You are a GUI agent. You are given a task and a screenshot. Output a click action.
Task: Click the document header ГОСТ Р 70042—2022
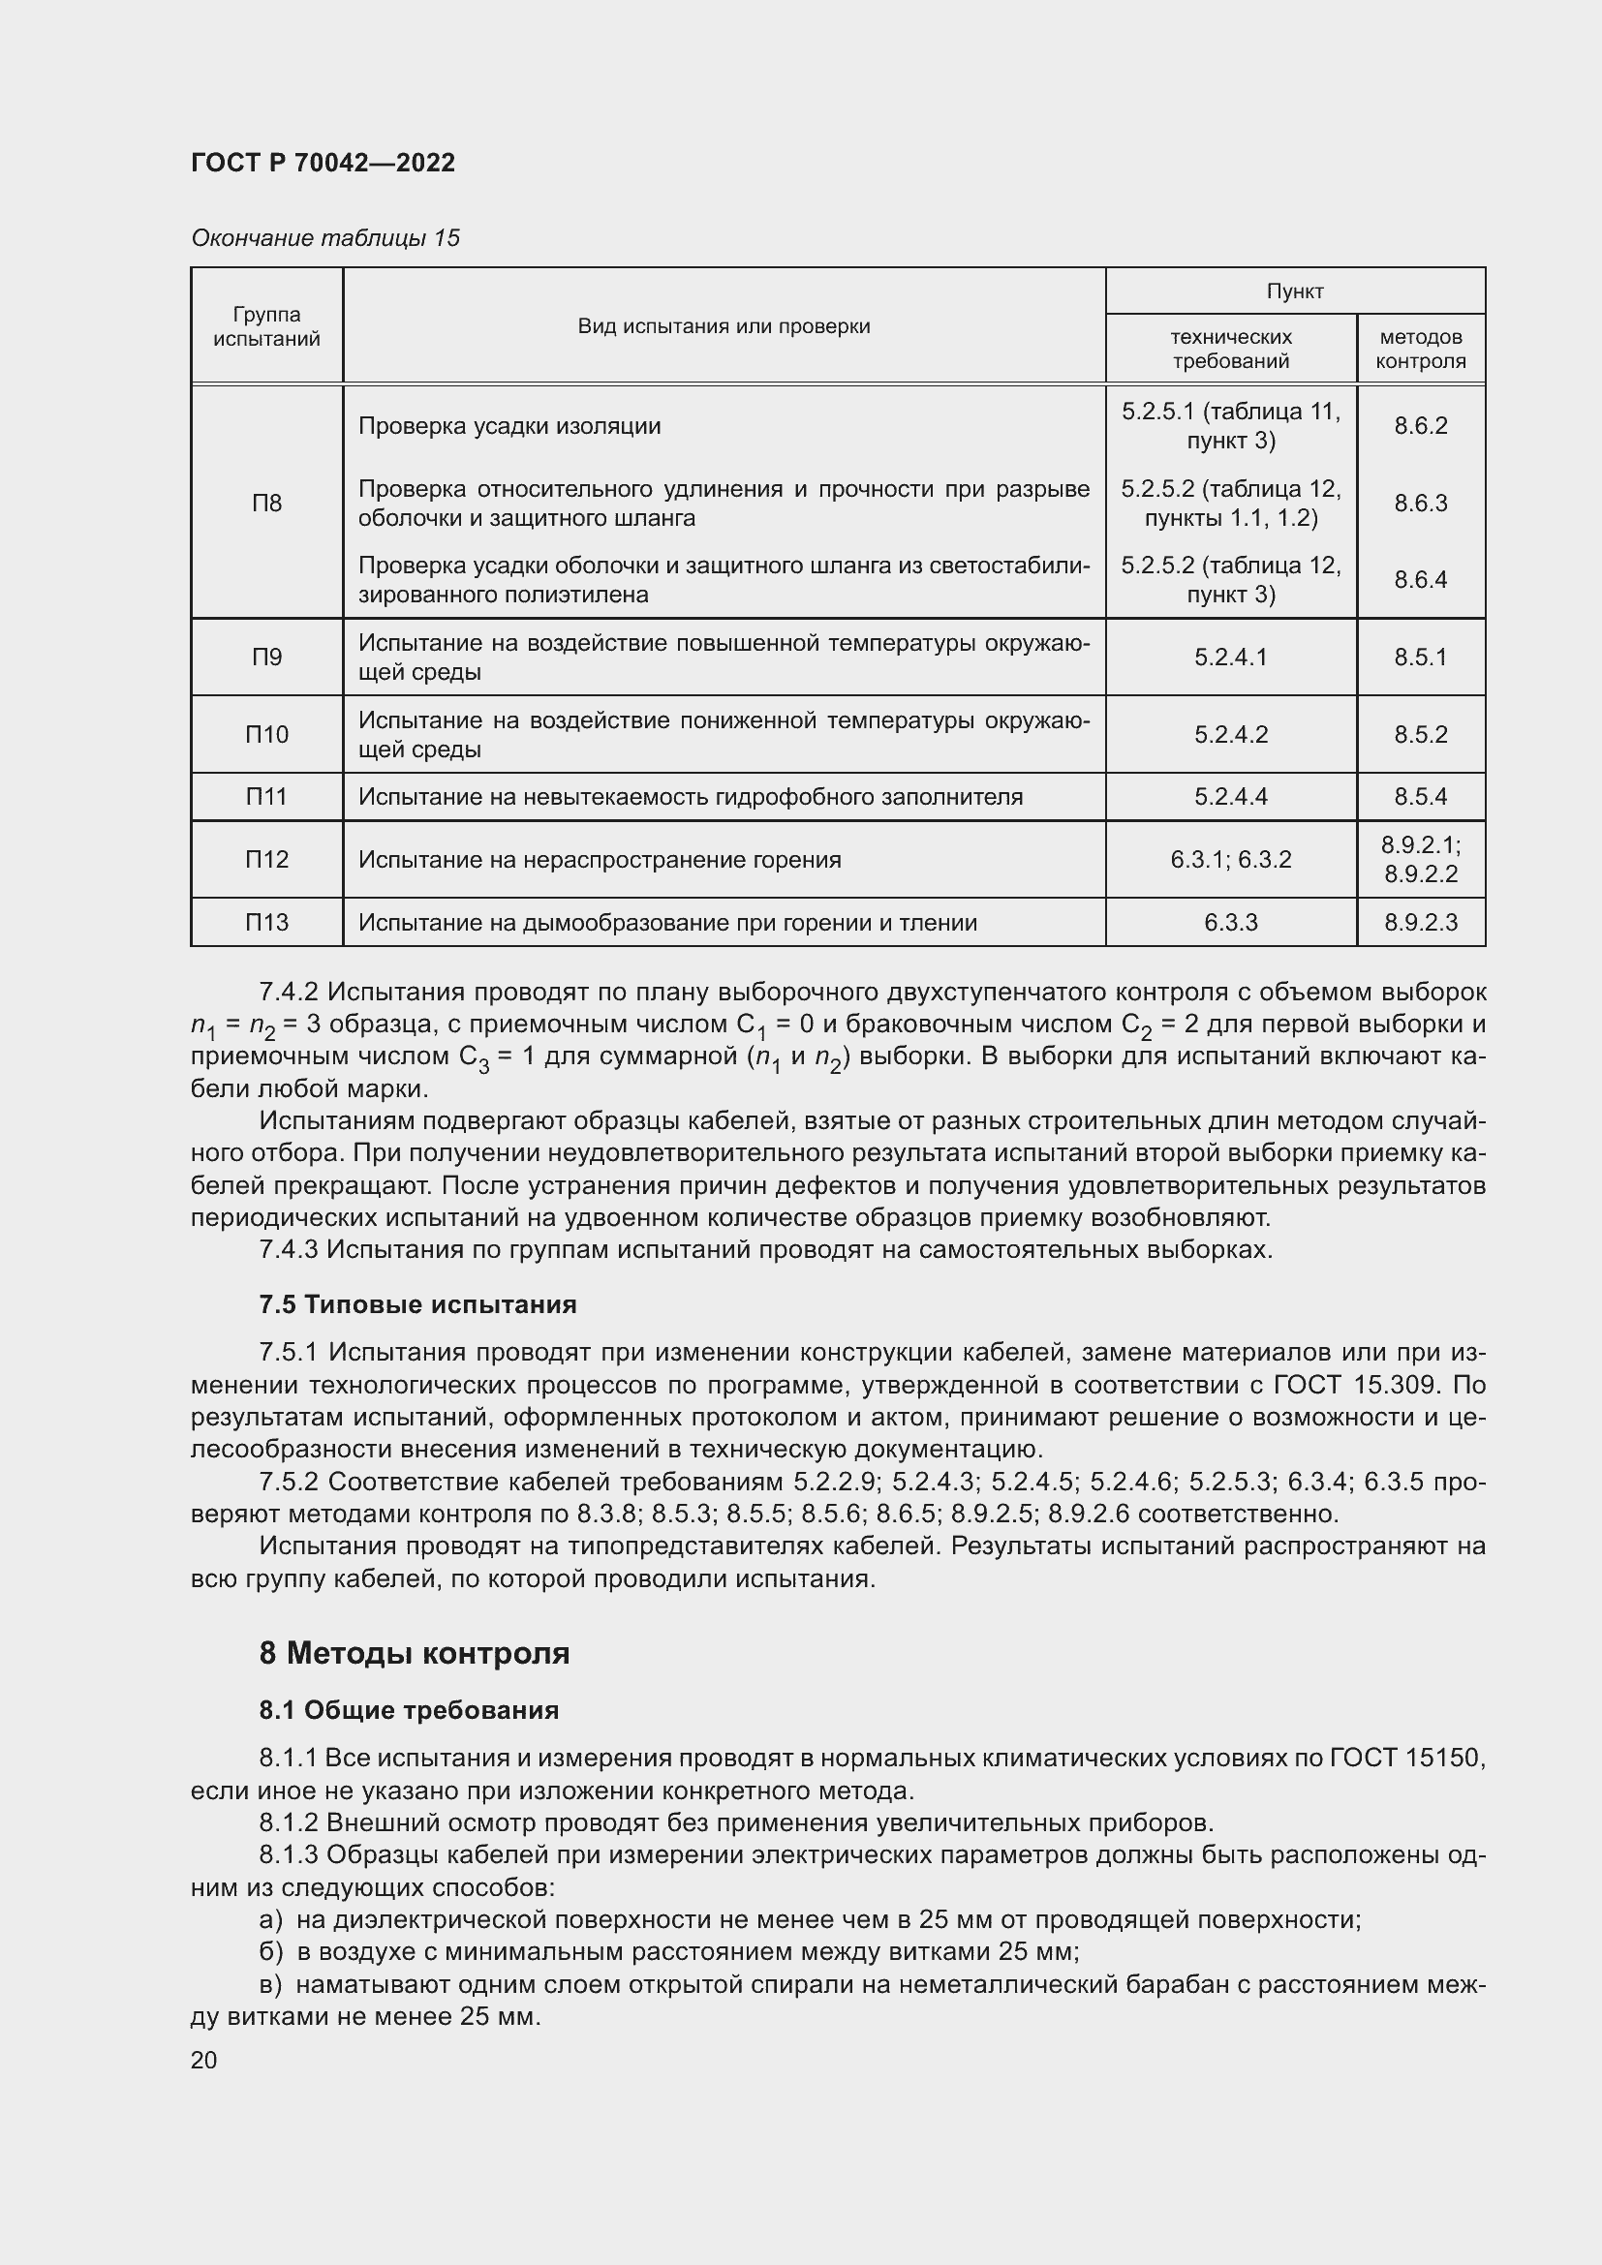(323, 163)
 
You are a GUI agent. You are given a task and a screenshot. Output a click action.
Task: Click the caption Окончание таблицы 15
(325, 238)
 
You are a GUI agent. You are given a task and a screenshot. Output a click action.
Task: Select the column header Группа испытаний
(266, 326)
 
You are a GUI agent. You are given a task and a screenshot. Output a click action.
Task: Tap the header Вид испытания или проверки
(724, 326)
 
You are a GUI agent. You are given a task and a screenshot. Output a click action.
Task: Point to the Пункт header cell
(1294, 291)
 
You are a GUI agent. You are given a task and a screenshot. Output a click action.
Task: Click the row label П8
(266, 504)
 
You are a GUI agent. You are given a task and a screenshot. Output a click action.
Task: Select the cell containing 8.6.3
(1420, 504)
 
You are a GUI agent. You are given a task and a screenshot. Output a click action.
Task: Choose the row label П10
(266, 734)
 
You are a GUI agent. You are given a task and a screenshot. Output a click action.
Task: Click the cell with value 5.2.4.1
(1230, 657)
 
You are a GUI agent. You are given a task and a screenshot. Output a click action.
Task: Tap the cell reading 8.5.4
(1420, 796)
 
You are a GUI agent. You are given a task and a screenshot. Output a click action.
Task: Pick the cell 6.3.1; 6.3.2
(1230, 859)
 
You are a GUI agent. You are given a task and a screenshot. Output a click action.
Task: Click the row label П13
(266, 923)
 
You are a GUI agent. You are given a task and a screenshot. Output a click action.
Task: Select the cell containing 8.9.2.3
(1420, 923)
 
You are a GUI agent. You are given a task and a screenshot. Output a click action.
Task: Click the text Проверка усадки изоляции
(509, 426)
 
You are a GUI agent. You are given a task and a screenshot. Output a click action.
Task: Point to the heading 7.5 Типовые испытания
(417, 1304)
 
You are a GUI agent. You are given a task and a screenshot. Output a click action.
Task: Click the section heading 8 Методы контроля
(415, 1652)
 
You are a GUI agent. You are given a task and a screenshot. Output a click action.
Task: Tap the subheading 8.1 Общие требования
(409, 1709)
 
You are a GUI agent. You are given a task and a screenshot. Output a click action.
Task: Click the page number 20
(203, 2060)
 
